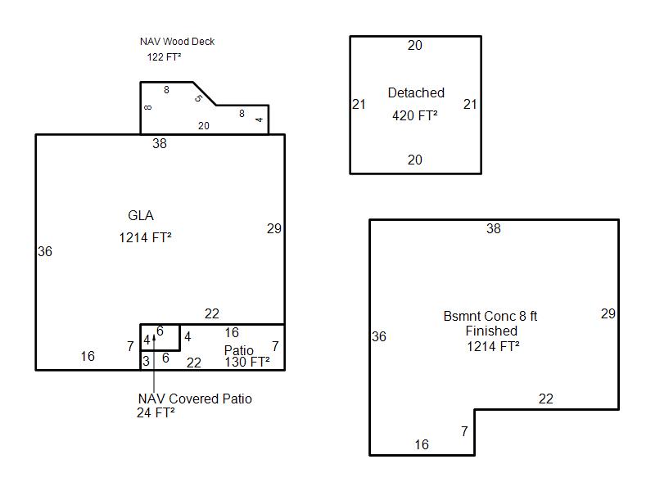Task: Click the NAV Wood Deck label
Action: tap(177, 42)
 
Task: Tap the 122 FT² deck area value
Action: tap(164, 57)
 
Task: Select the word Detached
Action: tap(416, 93)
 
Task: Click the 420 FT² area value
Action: tap(414, 116)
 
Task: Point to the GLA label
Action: tap(141, 216)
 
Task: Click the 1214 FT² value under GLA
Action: tap(145, 238)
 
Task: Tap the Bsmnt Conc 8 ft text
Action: tap(490, 316)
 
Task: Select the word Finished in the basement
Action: tap(491, 331)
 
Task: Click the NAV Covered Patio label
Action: tap(195, 399)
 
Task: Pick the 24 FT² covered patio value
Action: tap(156, 413)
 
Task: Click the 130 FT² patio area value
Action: tap(247, 363)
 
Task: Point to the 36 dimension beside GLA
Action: tap(45, 252)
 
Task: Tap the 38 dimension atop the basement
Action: tap(493, 229)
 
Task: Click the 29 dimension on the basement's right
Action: tap(608, 314)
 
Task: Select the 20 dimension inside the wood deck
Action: tap(204, 126)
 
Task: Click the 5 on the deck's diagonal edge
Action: tap(198, 99)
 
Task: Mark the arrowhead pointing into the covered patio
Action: tap(155, 335)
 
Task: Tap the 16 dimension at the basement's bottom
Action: tap(422, 445)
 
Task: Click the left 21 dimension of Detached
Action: tap(359, 105)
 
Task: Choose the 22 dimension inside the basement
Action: tap(546, 399)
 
